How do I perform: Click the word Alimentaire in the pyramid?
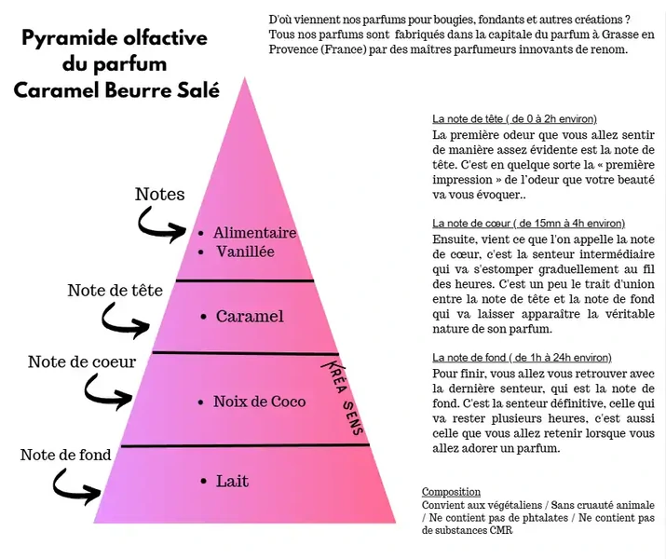point(255,233)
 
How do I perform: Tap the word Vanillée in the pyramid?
point(246,252)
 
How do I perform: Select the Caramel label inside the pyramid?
point(250,317)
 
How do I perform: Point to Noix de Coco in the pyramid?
point(260,402)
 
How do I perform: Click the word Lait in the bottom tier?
point(232,482)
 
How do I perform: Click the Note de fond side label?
point(65,455)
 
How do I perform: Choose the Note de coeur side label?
point(82,361)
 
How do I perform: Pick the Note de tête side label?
point(116,291)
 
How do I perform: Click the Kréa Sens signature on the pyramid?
point(343,399)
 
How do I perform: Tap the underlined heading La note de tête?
point(514,119)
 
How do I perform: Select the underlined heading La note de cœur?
point(528,224)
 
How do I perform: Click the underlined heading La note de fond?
point(522,358)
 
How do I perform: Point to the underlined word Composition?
point(451,492)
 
